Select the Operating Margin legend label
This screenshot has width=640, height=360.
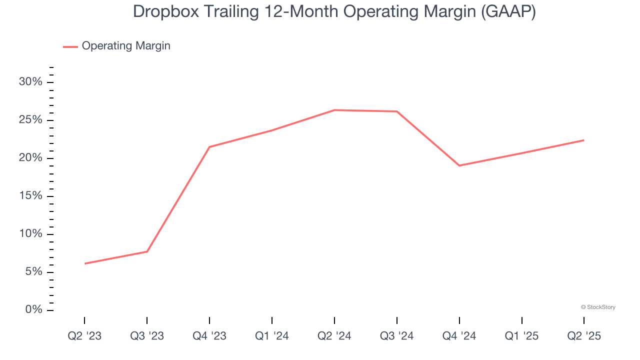126,46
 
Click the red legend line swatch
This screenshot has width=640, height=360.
70,46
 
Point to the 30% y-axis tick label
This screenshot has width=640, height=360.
30,82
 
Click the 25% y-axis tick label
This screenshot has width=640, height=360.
30,120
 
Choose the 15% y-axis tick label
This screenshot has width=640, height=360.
30,196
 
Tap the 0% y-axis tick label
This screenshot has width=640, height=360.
33,310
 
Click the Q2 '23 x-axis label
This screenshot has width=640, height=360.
84,336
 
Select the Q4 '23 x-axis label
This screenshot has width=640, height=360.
209,336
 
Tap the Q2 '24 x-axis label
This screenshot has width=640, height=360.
334,336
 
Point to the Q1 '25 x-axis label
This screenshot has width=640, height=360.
522,336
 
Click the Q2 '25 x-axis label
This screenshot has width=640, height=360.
584,336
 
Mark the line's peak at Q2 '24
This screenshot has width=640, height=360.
334,110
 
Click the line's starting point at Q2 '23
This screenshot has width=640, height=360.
84,263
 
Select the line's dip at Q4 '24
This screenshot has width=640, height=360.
459,165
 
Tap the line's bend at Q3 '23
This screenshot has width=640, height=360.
147,251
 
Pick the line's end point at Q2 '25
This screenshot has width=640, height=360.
584,140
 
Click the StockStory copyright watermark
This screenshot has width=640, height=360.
598,307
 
